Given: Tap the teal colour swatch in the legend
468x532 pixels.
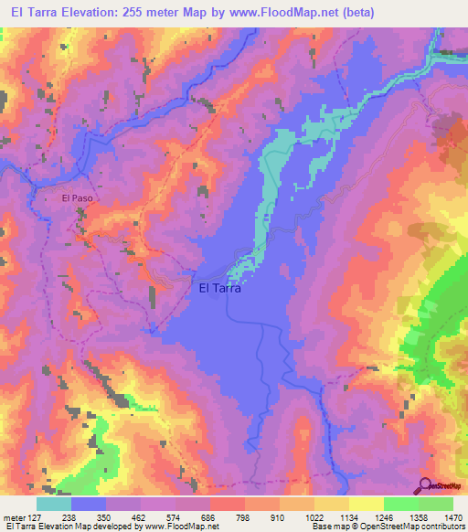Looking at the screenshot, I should tap(53, 504).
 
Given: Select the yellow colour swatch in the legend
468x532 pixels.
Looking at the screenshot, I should tap(366, 504).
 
